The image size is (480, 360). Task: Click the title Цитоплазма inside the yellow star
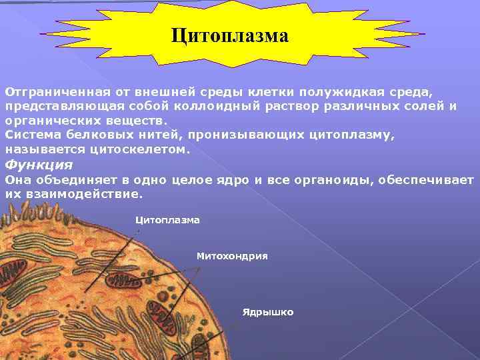pyautogui.click(x=229, y=35)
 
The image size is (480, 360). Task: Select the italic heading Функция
pyautogui.click(x=39, y=165)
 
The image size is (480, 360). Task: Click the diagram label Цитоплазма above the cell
pyautogui.click(x=167, y=219)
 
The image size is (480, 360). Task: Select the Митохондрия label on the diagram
pyautogui.click(x=231, y=255)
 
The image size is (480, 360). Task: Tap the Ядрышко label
pyautogui.click(x=267, y=312)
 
